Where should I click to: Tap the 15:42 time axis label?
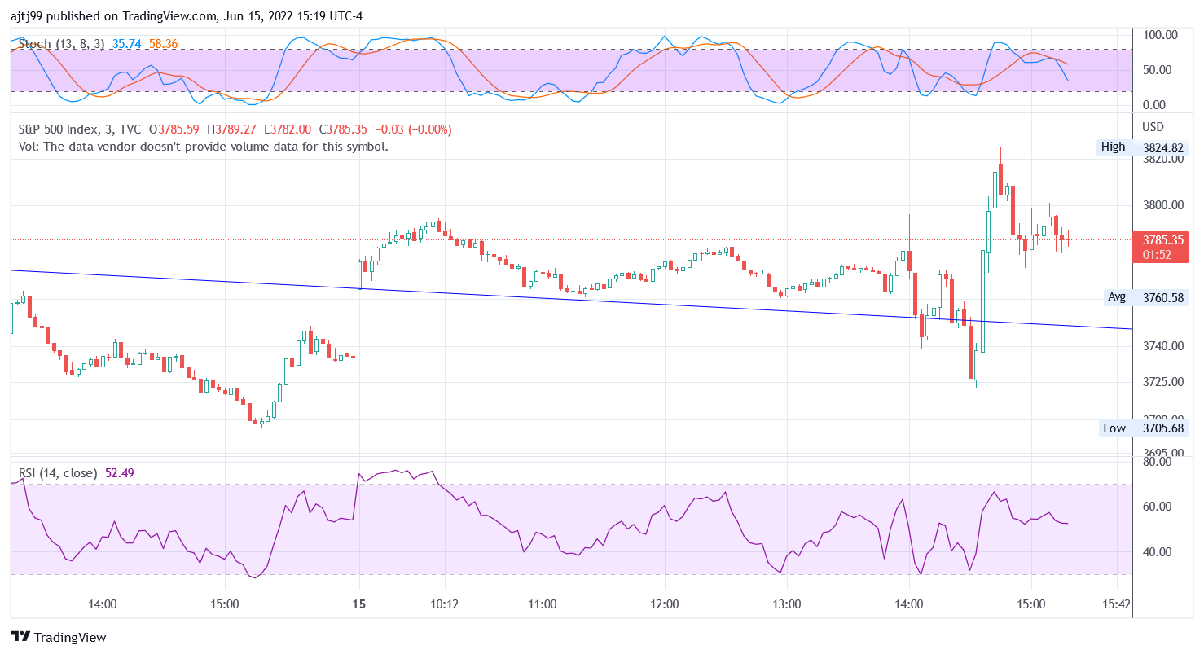pos(1115,604)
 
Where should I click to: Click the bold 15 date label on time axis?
pos(359,604)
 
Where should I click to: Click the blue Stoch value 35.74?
pos(127,44)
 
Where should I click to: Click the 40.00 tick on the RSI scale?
pos(1158,552)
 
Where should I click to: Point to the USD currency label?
pos(1153,127)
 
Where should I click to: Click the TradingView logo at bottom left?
pos(58,638)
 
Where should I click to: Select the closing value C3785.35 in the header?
pos(343,129)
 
